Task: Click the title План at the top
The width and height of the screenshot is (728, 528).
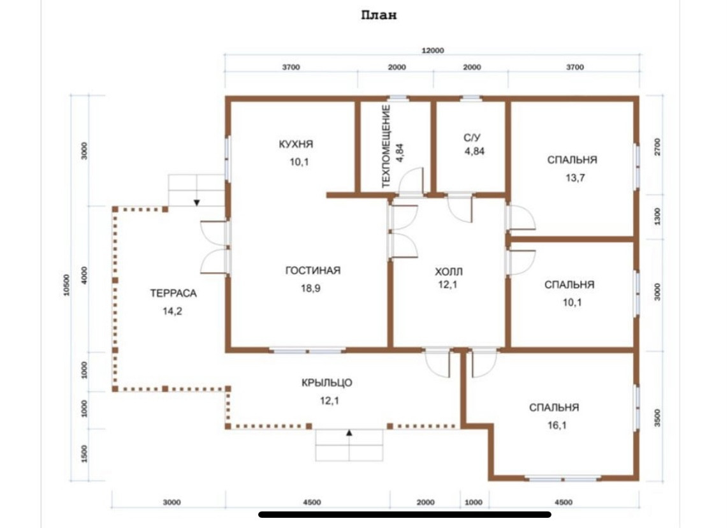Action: click(379, 15)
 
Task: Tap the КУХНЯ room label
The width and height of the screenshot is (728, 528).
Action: click(296, 144)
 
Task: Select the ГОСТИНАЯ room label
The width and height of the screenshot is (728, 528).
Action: click(313, 270)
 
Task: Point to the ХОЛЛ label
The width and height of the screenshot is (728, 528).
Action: click(449, 272)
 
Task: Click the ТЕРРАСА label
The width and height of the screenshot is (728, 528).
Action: click(173, 293)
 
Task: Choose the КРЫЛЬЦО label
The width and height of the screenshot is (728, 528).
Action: click(327, 383)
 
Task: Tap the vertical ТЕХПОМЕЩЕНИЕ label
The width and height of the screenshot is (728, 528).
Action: click(386, 146)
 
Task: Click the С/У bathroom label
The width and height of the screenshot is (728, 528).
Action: click(472, 138)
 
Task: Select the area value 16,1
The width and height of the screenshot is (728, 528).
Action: click(557, 425)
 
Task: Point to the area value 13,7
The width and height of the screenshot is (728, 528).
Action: click(575, 178)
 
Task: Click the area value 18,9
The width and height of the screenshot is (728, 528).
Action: click(310, 288)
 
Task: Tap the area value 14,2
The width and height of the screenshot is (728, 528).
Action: click(172, 312)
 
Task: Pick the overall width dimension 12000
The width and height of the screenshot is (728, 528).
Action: click(433, 50)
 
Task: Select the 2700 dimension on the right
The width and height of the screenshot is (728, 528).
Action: click(657, 147)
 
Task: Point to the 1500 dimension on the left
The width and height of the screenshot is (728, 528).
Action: click(84, 453)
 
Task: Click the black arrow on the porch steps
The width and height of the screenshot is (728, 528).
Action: click(349, 433)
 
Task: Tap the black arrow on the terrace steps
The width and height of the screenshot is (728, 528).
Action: click(197, 203)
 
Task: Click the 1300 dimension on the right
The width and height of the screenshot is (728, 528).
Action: click(657, 216)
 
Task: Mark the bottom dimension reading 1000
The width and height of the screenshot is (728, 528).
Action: click(474, 502)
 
